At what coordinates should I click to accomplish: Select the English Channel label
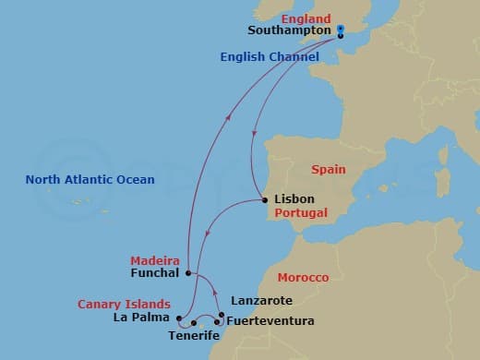coord(270,57)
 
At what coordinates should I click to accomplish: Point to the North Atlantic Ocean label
coord(90,179)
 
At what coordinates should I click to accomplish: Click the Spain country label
coord(328,170)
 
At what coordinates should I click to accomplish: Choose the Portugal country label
coord(297,213)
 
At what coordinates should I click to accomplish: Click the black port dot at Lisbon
coord(265,199)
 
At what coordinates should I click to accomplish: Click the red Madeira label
coord(154,260)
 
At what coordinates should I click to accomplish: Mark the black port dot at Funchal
coord(187,273)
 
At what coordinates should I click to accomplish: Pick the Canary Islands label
coord(124,304)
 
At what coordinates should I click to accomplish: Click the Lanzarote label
coord(261,301)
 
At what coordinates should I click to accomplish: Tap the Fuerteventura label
coord(270,321)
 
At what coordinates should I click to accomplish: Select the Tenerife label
coord(194,335)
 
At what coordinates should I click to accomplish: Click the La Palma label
coord(138,318)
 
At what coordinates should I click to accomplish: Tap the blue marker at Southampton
coord(340,30)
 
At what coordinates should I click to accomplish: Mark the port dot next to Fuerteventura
coord(218,322)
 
